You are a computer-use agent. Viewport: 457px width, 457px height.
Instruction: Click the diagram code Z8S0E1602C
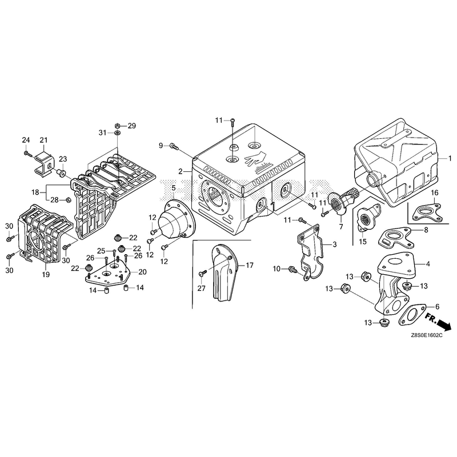427,335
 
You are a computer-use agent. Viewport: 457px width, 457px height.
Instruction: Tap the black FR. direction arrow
444,324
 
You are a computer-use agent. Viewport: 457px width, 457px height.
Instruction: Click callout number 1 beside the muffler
450,159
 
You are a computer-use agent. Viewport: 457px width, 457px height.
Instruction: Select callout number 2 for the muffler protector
181,171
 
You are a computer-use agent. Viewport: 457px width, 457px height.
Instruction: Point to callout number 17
250,265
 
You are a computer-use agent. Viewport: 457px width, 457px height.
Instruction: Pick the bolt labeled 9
174,146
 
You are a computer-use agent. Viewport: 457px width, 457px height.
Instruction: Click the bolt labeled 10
292,269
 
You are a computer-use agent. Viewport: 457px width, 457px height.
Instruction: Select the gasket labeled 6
412,315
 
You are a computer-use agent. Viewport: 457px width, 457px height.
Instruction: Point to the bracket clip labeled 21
44,164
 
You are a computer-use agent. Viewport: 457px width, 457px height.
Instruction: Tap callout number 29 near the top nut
132,126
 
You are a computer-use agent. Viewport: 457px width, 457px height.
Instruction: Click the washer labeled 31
117,133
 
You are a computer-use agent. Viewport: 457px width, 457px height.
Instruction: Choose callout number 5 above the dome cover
174,188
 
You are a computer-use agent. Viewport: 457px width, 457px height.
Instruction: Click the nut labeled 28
67,200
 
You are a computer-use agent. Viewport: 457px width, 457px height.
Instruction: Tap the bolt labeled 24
27,153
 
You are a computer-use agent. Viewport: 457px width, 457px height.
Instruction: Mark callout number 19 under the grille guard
46,274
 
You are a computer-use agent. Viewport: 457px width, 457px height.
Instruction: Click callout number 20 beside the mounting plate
142,272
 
